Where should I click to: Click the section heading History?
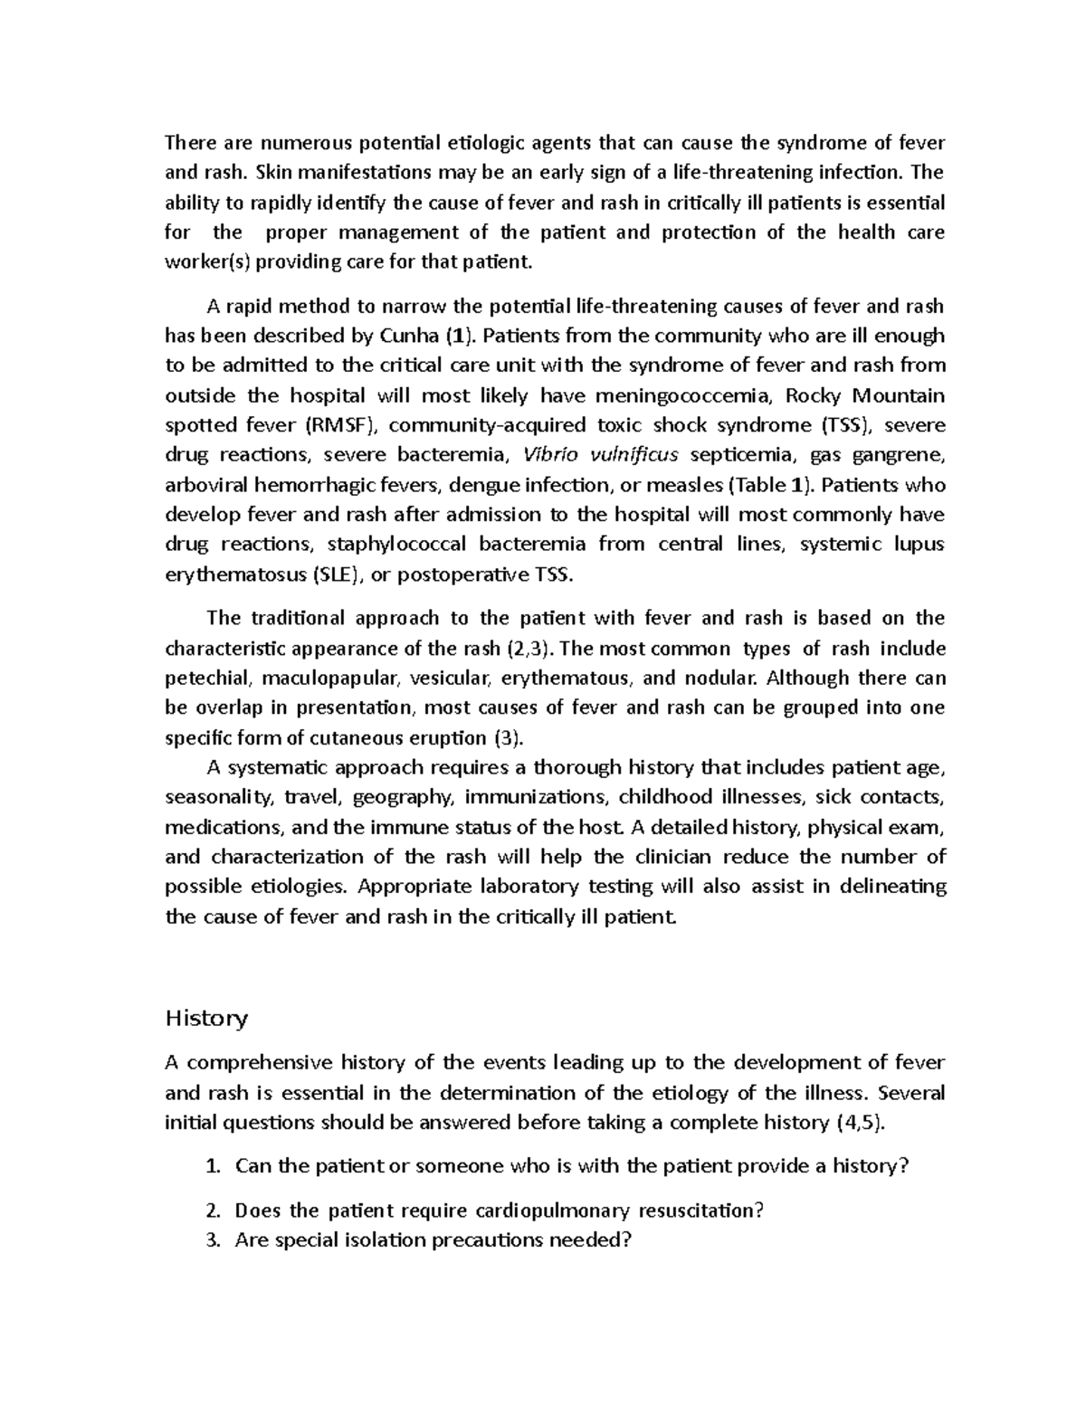[x=205, y=1019]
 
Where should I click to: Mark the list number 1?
[x=213, y=1166]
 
